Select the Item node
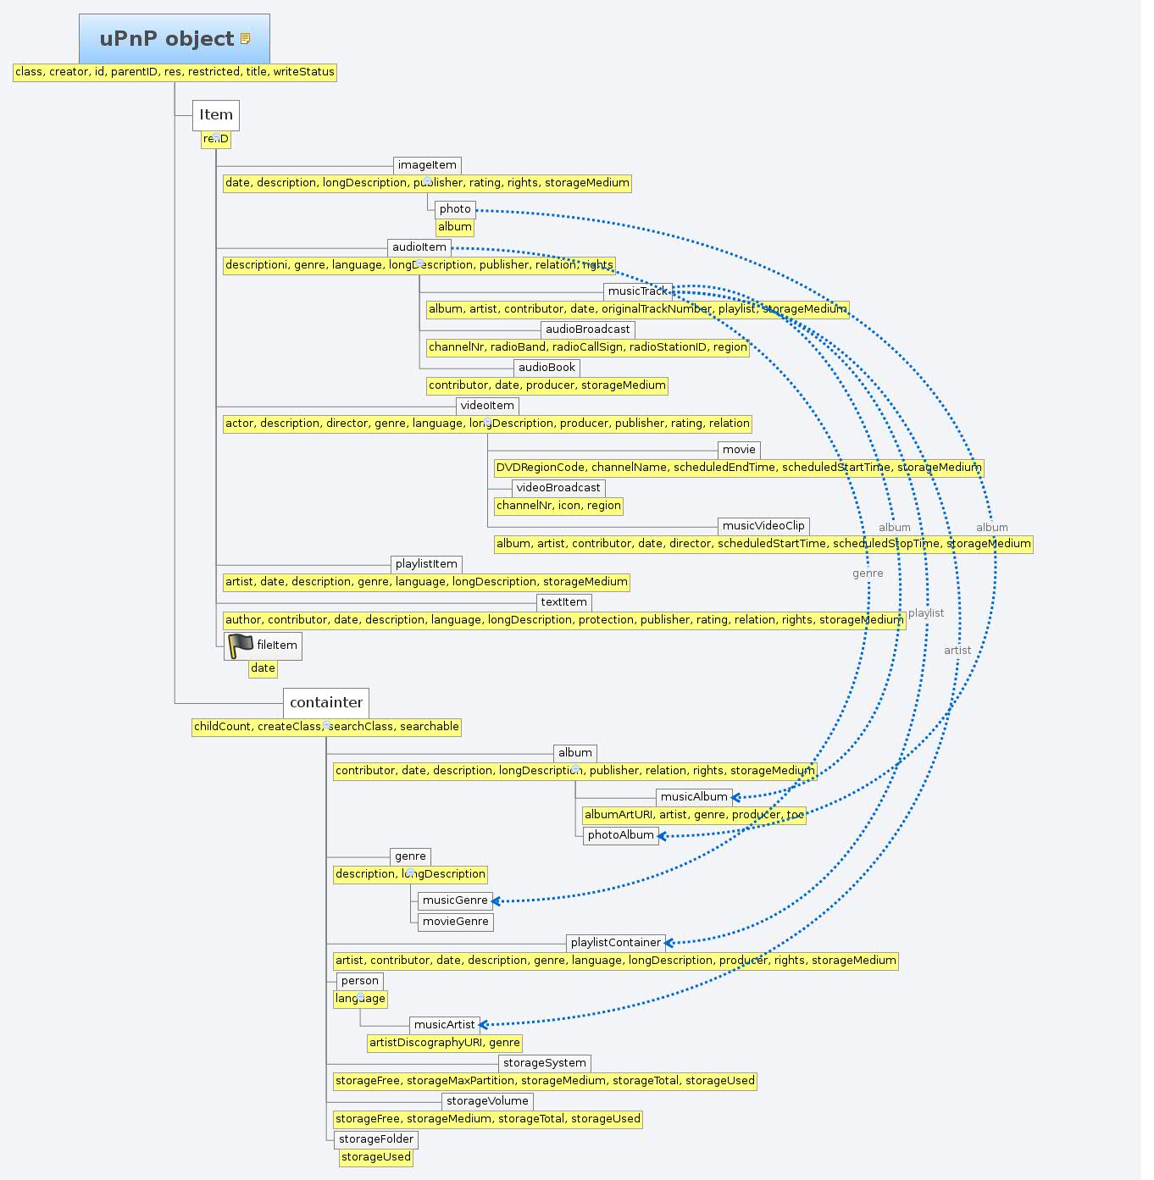[x=216, y=115]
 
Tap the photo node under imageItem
[x=455, y=209]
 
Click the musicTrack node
[x=638, y=291]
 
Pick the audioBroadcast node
[x=587, y=330]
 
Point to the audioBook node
[x=546, y=368]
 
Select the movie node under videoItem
[x=739, y=450]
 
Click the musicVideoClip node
[x=763, y=526]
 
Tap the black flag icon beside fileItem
[x=241, y=645]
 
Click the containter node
[x=326, y=702]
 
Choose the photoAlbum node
[x=620, y=835]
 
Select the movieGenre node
[x=455, y=922]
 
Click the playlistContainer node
[x=615, y=943]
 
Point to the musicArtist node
[x=444, y=1025]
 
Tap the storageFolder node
[x=376, y=1139]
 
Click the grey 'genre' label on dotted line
[x=868, y=573]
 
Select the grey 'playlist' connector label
[x=925, y=613]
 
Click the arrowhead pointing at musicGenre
[x=497, y=901]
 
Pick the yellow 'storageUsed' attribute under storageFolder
[x=375, y=1157]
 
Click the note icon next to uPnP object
[x=246, y=39]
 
